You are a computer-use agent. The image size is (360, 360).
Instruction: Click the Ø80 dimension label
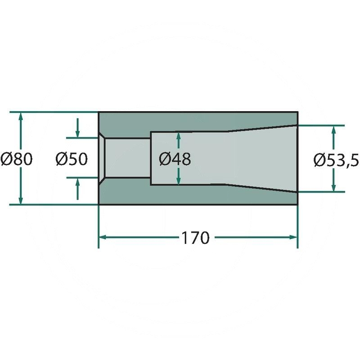click(17, 159)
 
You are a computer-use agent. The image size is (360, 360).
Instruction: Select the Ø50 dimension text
click(72, 159)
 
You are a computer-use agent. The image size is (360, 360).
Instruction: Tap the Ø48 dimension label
click(175, 159)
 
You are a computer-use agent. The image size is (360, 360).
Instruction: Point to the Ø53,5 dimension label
click(336, 160)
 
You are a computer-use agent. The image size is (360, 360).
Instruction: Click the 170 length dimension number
click(196, 238)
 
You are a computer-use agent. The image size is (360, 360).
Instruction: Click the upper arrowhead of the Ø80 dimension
click(21, 117)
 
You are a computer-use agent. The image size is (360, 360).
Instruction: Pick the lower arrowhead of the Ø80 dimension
click(21, 200)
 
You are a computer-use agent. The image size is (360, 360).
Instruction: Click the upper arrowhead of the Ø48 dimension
click(179, 136)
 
